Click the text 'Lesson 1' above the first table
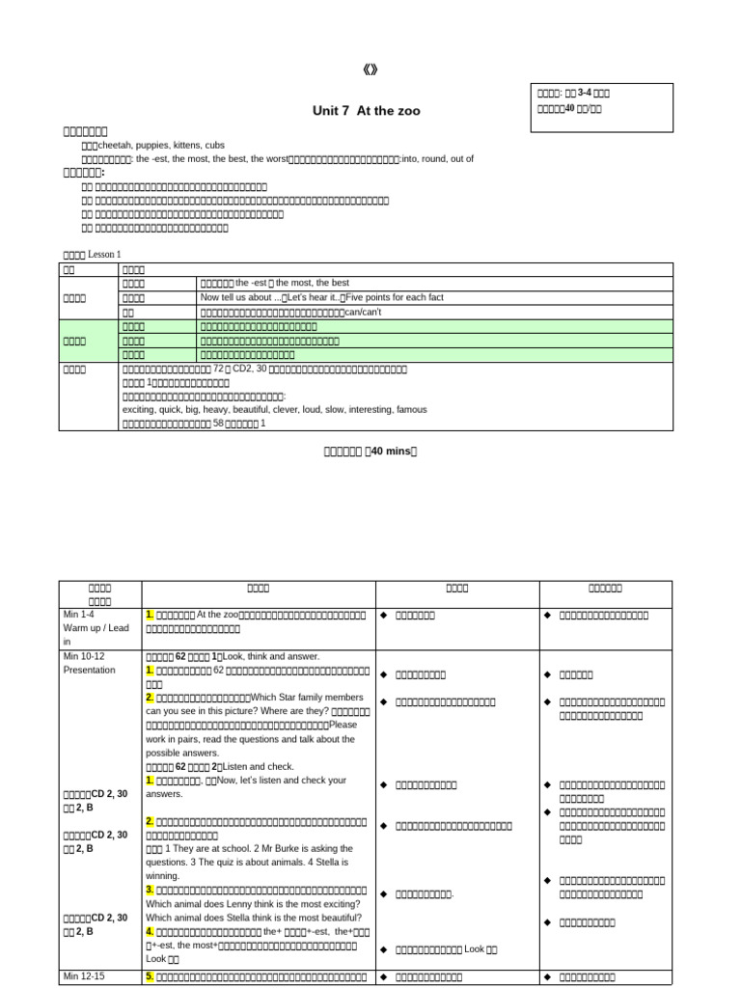tap(105, 254)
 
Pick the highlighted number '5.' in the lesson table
tap(150, 977)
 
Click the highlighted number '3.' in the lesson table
tap(150, 890)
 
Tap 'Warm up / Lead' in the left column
tap(96, 628)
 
